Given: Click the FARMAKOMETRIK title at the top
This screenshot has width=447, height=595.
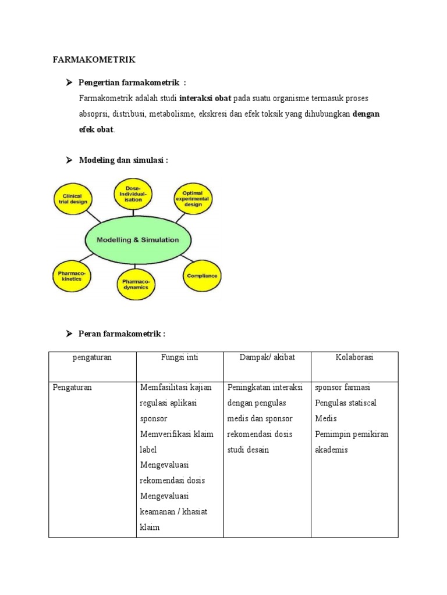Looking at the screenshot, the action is pyautogui.click(x=94, y=60).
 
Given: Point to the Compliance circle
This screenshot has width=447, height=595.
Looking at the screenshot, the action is pyautogui.click(x=202, y=275).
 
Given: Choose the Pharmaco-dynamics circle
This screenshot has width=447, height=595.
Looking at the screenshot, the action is pyautogui.click(x=135, y=283).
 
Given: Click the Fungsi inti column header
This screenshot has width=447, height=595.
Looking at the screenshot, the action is pyautogui.click(x=179, y=358).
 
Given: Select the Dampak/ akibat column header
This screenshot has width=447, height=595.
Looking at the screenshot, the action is pyautogui.click(x=267, y=358).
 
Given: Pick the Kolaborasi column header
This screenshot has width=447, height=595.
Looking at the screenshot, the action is pyautogui.click(x=354, y=358).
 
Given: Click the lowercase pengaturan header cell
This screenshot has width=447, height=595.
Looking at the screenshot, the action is pyautogui.click(x=92, y=358).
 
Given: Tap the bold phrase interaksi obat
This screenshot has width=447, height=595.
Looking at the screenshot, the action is pyautogui.click(x=205, y=98).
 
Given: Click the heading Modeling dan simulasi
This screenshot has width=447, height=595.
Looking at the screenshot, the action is pyautogui.click(x=123, y=160).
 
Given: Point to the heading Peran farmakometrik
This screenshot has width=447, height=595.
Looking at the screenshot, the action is pyautogui.click(x=122, y=334).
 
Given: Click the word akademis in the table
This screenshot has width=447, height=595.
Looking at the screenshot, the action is pyautogui.click(x=331, y=450).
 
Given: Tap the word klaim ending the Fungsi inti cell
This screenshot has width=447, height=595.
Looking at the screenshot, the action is pyautogui.click(x=150, y=528).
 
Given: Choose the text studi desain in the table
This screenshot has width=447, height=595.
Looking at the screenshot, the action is pyautogui.click(x=249, y=450).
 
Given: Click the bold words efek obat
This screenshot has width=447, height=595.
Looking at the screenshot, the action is pyautogui.click(x=97, y=130).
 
